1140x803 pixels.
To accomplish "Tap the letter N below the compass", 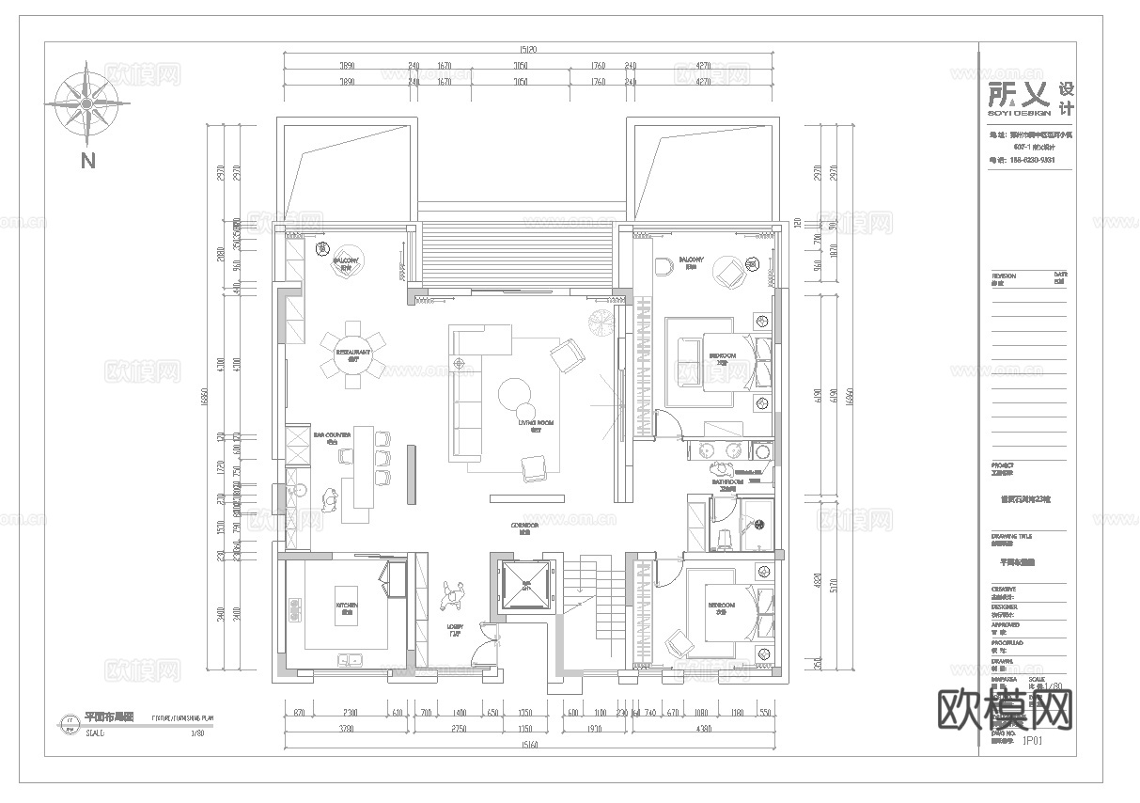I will tap(87, 161).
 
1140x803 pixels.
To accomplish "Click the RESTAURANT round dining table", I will tap(351, 355).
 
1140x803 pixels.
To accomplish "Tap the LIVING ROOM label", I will tap(536, 424).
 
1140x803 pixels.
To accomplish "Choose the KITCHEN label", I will tap(343, 607).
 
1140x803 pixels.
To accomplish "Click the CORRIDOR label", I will tap(524, 526).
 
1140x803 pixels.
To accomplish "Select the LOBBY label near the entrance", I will tap(455, 627).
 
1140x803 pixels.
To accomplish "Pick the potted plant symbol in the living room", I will tap(600, 323).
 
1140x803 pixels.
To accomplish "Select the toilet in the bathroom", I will tap(724, 536).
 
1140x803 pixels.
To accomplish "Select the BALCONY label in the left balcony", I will tap(347, 264).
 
